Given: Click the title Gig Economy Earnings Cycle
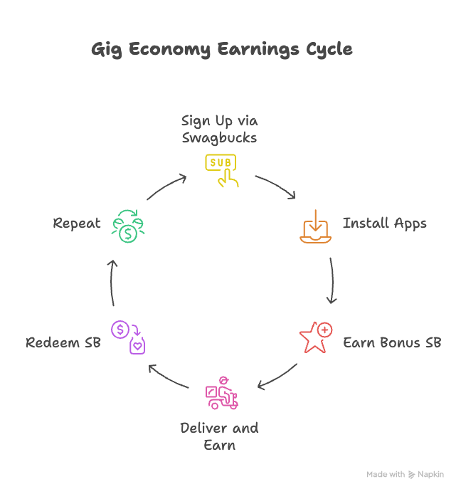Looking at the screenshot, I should coord(221,50).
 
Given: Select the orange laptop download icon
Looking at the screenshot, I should coord(314,227).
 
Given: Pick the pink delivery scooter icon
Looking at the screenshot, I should coord(221,393).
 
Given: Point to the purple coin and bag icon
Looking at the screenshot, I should coord(128,337).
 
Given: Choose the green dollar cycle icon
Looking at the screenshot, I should coord(129,226).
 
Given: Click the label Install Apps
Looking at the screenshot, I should coord(384,224).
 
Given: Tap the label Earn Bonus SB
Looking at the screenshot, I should coord(391,343).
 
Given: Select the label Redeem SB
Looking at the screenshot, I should coord(63,343).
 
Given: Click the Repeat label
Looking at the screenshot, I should coord(77,224).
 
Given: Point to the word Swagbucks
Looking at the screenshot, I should coord(219,138).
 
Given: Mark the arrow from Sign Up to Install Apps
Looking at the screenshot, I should coord(277,186).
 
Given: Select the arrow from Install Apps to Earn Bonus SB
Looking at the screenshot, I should coord(332,279).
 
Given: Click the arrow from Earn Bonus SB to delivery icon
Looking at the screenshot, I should coord(277,378).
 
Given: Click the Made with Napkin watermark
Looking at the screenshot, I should coord(405,474).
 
